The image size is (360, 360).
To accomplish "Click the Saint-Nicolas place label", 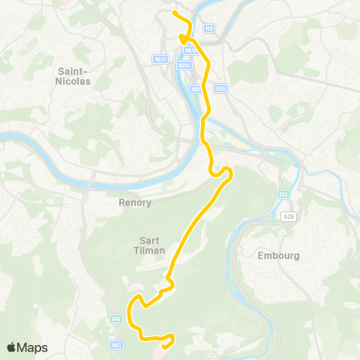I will tap(73, 75).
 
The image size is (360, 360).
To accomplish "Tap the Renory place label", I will tap(135, 202).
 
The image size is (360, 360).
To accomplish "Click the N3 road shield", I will tap(209, 28).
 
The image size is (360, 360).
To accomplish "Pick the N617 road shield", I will tap(160, 58).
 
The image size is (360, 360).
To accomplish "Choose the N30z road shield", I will tap(184, 65).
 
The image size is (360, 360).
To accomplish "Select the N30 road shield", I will tap(220, 88).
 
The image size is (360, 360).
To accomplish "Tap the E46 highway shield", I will tap(115, 318).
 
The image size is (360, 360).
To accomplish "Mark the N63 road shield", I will tap(115, 345).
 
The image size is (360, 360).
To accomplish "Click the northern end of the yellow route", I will tap(174, 13).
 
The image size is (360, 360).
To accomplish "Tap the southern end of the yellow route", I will tap(163, 346).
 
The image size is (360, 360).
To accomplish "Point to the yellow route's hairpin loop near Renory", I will tap(227, 173).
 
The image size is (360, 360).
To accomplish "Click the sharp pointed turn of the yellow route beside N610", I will tap(181, 35).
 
